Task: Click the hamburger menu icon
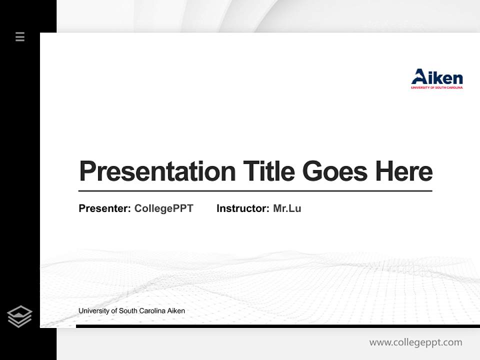click(20, 36)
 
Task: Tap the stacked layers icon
click(19, 316)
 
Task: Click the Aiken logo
click(436, 78)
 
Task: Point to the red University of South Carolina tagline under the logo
click(436, 87)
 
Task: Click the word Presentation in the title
click(157, 171)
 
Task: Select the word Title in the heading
click(268, 171)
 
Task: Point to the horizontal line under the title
click(255, 191)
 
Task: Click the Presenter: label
click(104, 208)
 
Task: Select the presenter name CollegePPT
click(163, 208)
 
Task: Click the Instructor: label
click(242, 208)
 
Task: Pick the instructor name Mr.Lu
click(287, 208)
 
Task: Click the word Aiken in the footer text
click(175, 311)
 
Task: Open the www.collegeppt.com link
click(415, 342)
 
